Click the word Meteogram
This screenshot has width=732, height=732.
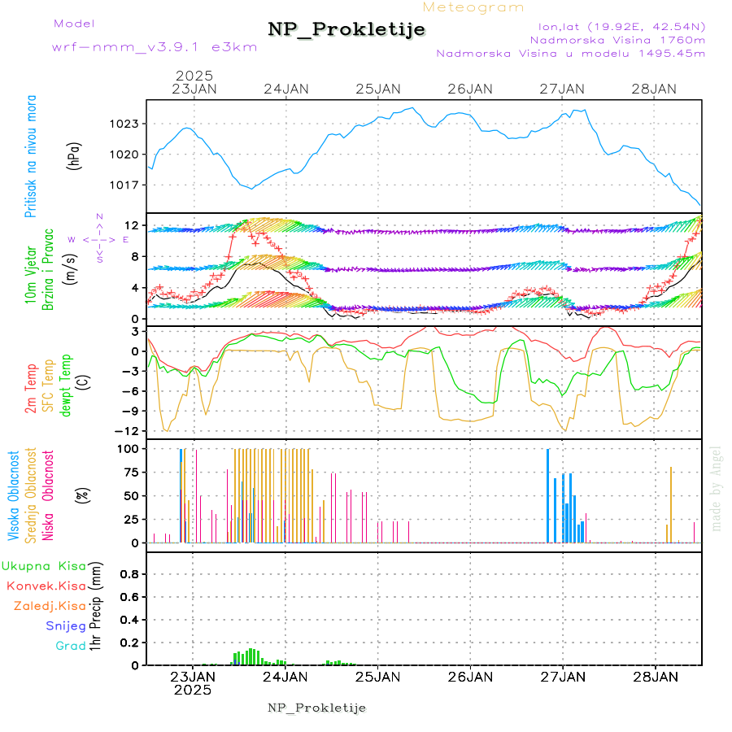coord(473,7)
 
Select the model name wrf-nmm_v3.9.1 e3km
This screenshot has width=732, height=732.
coord(155,47)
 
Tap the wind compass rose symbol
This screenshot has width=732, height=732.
coord(98,239)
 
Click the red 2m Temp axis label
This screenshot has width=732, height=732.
coord(31,389)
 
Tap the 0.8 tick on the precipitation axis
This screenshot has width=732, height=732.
coord(130,574)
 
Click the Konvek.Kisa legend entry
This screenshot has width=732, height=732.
coord(46,586)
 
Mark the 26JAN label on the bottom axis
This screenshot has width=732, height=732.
coord(470,676)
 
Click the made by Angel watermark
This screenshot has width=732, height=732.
coord(717,488)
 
